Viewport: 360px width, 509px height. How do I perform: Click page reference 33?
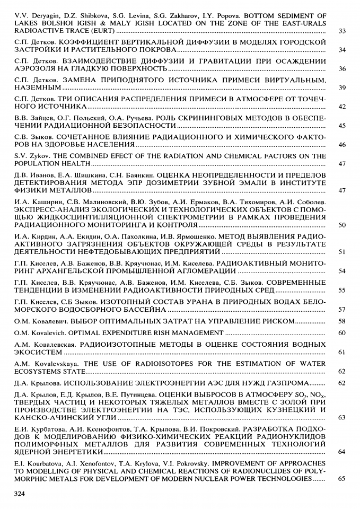(x=342, y=31)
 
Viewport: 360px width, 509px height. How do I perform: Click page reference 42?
(x=342, y=107)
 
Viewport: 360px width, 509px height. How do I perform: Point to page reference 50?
(x=342, y=225)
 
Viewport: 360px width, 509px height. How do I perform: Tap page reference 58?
(x=342, y=321)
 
